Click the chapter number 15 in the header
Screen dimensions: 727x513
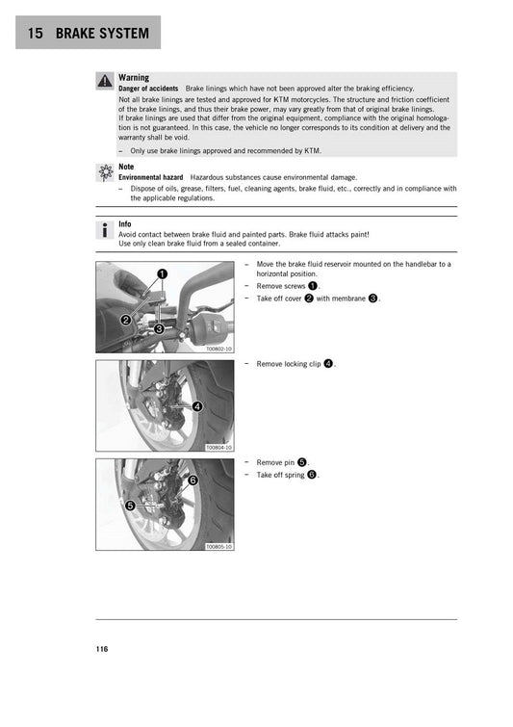35,34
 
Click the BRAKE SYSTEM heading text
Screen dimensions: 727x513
102,34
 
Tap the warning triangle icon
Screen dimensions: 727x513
104,82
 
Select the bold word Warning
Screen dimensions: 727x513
133,77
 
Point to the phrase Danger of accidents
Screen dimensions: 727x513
148,89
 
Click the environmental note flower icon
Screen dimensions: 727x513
104,172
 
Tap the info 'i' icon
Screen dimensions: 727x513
104,231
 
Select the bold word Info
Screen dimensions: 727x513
125,225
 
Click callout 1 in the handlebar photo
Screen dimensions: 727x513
163,274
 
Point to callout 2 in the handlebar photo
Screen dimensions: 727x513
125,320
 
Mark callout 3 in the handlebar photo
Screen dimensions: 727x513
159,328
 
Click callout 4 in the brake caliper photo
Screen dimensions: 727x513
197,406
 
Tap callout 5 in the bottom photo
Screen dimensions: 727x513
129,505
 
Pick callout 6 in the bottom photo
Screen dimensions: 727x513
192,480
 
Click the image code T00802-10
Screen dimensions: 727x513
218,349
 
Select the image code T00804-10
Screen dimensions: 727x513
218,448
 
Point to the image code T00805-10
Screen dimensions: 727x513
218,547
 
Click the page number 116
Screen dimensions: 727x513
102,649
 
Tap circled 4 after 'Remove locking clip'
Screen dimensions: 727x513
328,364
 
